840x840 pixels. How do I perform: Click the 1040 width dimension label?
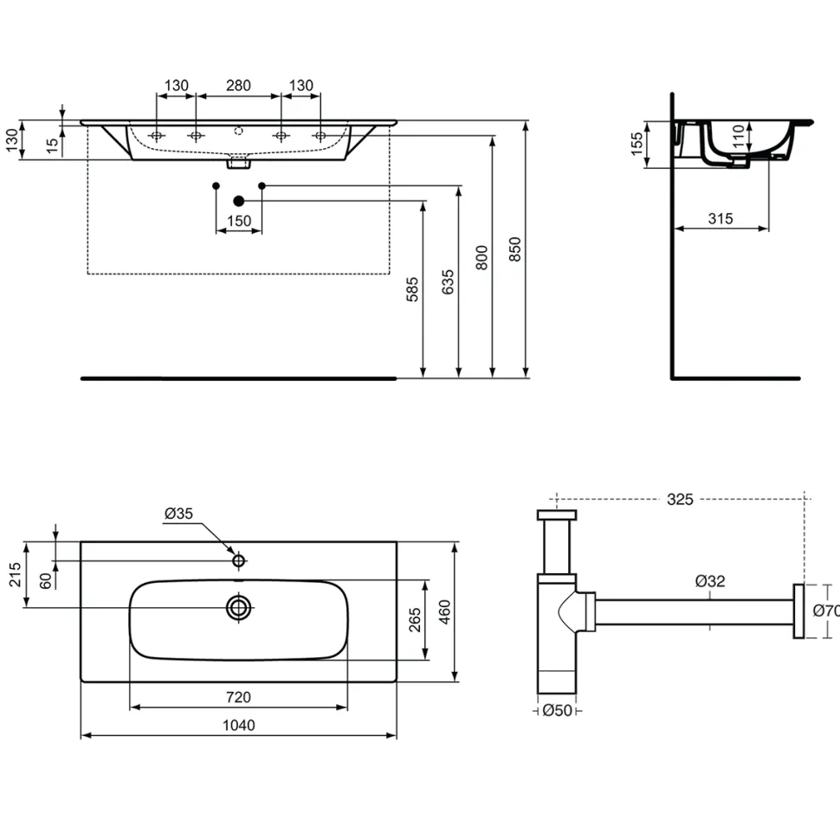pos(239,725)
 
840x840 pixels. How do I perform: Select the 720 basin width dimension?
pos(238,697)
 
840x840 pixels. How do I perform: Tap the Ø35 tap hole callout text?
pos(178,514)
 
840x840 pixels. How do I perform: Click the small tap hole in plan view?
pos(238,561)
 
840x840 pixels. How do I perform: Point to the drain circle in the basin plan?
pos(239,608)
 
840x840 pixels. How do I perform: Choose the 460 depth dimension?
pos(444,611)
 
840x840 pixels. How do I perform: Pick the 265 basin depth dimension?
pos(415,620)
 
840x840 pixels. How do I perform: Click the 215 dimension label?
pos(15,574)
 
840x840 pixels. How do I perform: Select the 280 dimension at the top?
pos(238,85)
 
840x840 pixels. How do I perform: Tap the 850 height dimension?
pos(514,249)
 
